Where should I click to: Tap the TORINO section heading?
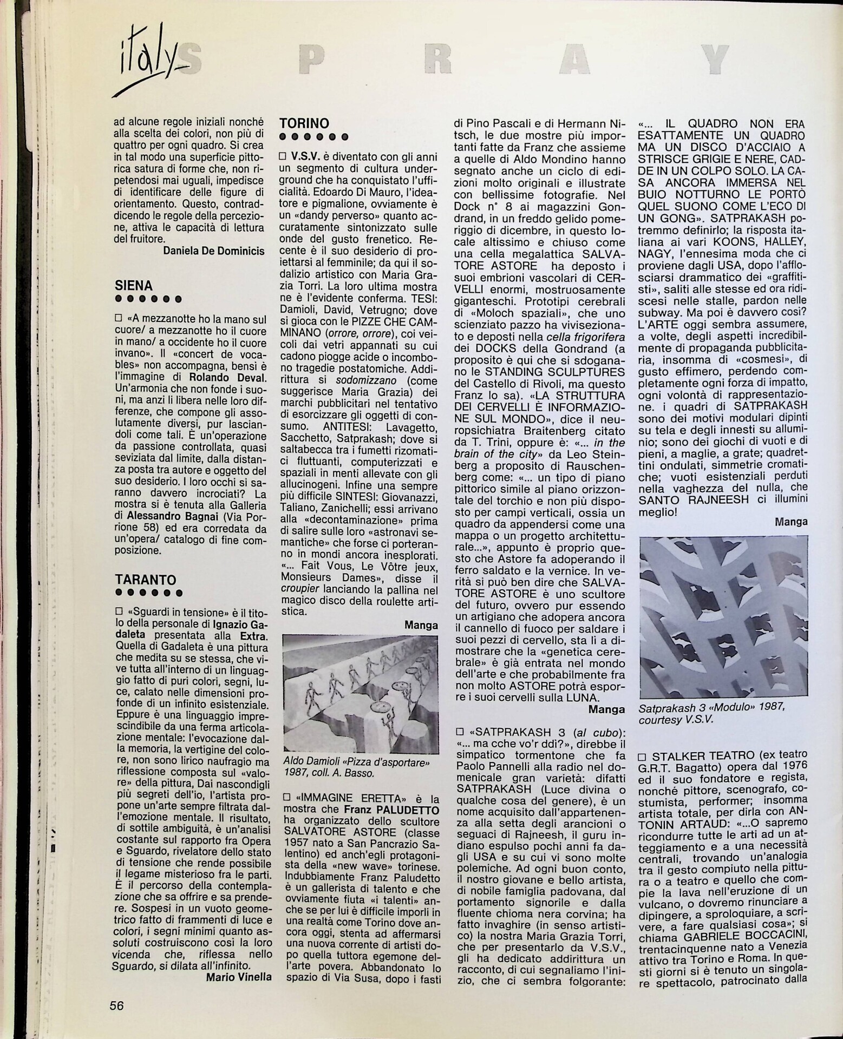(x=304, y=124)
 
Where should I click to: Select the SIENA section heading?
(x=134, y=286)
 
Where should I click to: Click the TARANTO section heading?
(x=146, y=580)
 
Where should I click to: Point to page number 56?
(x=117, y=1005)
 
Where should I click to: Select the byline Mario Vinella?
(x=239, y=977)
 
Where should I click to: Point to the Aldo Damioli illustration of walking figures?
(x=361, y=694)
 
